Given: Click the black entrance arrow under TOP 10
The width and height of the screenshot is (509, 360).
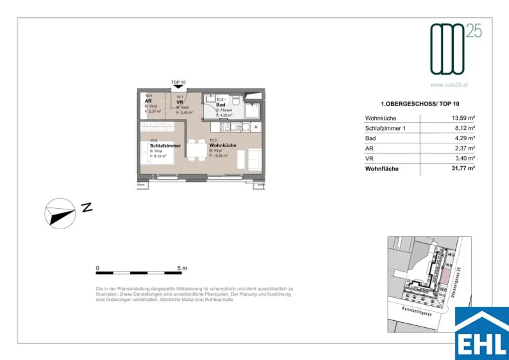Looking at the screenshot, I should [178, 87].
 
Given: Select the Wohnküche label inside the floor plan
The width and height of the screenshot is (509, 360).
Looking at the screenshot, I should [223, 146].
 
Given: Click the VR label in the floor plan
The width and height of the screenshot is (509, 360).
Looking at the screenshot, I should [180, 102].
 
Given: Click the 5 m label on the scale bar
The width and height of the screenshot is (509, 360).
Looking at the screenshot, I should [182, 268].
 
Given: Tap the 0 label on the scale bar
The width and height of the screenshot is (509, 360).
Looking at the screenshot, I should [98, 268].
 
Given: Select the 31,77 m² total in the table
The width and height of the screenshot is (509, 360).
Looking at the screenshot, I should [461, 169].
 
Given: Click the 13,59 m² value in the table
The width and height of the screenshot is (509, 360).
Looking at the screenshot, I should [461, 118].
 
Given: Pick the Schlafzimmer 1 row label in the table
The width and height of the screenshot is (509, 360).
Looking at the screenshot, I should [385, 128].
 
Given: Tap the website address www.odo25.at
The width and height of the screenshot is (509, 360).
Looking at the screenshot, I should [450, 85].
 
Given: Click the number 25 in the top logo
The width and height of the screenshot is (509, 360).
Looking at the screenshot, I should [474, 31].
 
